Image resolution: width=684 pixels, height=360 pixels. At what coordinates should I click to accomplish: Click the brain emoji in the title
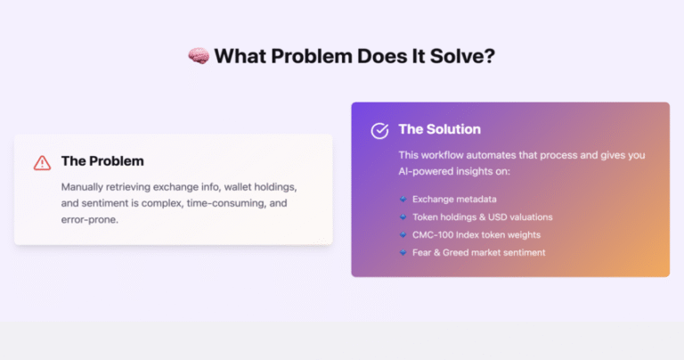[x=199, y=56]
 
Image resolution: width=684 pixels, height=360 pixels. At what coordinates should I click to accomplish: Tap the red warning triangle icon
[x=43, y=163]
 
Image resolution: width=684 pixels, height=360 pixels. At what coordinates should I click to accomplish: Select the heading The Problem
[x=102, y=161]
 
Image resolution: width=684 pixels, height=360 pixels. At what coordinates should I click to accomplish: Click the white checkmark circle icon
[x=379, y=130]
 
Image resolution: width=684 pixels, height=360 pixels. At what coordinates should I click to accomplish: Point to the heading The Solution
[x=440, y=129]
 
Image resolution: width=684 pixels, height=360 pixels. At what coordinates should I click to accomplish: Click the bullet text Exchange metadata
[x=454, y=199]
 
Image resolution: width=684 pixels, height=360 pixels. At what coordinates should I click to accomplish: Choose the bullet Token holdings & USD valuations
[x=483, y=217]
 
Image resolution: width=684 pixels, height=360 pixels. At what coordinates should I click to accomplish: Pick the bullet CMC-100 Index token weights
[x=476, y=234]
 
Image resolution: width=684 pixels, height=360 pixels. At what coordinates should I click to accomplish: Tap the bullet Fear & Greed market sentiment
[x=479, y=253]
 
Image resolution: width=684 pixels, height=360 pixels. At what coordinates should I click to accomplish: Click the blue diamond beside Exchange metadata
[x=403, y=199]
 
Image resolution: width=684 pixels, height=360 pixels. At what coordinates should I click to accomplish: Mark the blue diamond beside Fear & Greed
[x=403, y=252]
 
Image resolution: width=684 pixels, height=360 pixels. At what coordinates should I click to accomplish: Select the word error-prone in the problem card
[x=89, y=219]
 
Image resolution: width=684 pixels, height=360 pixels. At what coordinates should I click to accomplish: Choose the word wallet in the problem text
[x=238, y=187]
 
